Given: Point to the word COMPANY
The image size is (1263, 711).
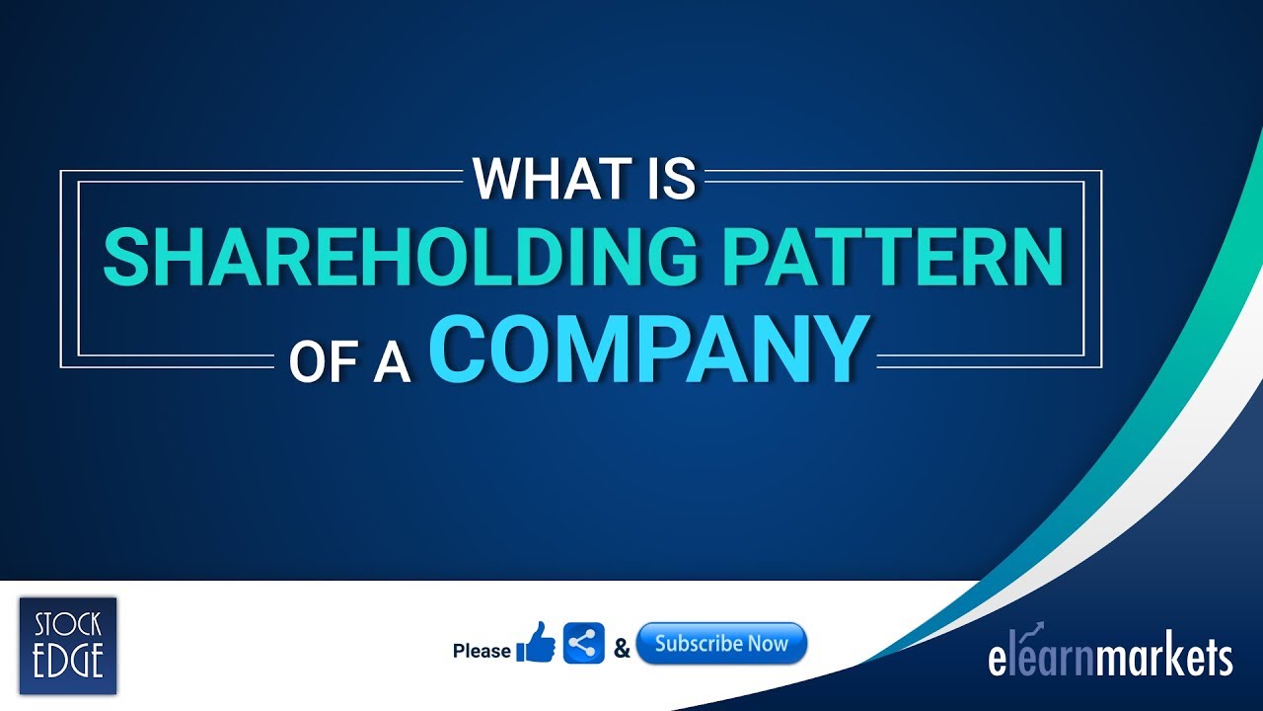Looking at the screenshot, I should [649, 351].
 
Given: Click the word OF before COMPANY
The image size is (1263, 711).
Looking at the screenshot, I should [322, 362].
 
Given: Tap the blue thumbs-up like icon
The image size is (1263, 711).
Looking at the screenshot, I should [536, 644].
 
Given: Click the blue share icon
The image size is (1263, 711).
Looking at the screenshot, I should [583, 644].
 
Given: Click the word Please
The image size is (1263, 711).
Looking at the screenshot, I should [482, 651].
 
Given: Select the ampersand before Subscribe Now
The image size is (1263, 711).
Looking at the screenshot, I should [622, 649].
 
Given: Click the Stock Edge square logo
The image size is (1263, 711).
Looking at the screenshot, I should [68, 646].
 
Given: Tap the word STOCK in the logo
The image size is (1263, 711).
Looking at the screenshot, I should [68, 626].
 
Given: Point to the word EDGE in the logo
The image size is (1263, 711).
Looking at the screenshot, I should [68, 662].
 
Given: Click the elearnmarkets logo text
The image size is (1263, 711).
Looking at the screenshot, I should [1110, 659].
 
